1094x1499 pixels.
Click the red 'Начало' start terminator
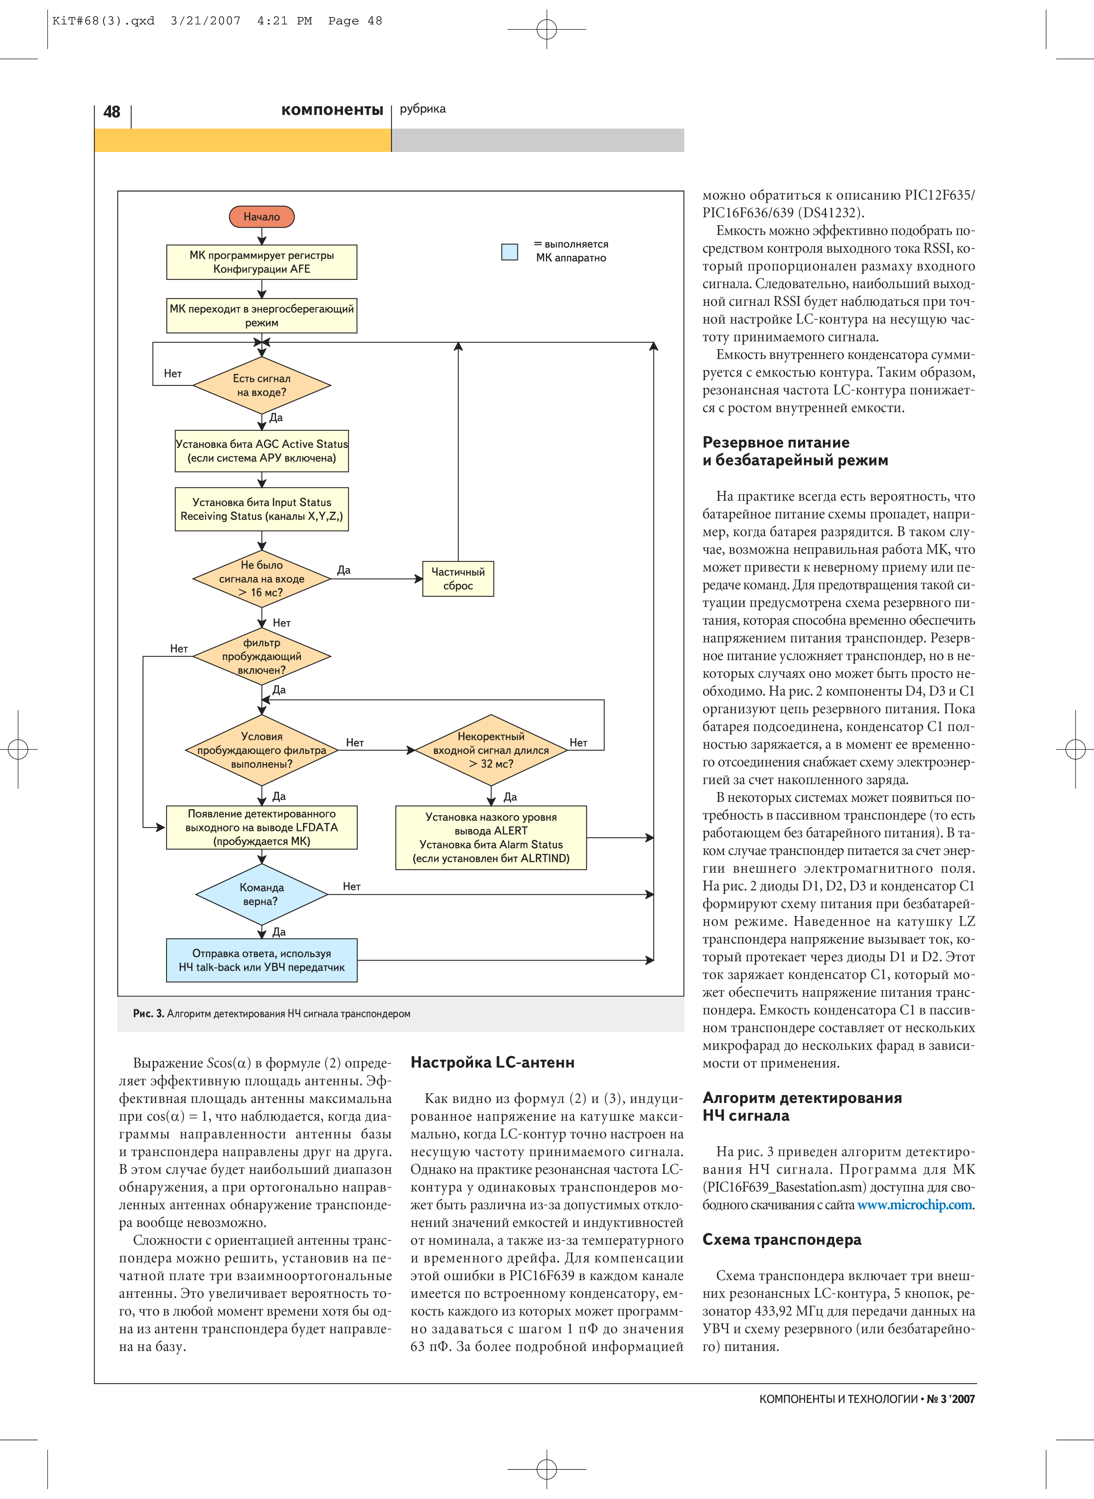click(262, 217)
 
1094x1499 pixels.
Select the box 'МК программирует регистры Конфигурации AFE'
click(262, 262)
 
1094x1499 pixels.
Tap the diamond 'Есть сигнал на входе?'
click(262, 385)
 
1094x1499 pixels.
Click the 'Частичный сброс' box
click(458, 578)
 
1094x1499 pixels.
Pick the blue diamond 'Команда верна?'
click(262, 894)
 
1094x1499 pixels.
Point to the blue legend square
click(509, 252)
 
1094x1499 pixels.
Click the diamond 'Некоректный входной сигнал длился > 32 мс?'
click(491, 750)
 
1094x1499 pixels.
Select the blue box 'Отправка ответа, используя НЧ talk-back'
click(262, 960)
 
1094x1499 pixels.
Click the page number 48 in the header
click(112, 111)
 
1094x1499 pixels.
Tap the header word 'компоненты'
click(332, 110)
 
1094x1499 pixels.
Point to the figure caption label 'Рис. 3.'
click(148, 1014)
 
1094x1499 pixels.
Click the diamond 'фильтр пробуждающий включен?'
click(262, 656)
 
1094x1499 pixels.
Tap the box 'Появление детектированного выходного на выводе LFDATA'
click(262, 827)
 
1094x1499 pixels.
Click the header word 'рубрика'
click(423, 109)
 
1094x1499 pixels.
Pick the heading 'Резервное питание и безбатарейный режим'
click(795, 451)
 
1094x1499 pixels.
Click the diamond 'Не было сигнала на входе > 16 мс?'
click(262, 578)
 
